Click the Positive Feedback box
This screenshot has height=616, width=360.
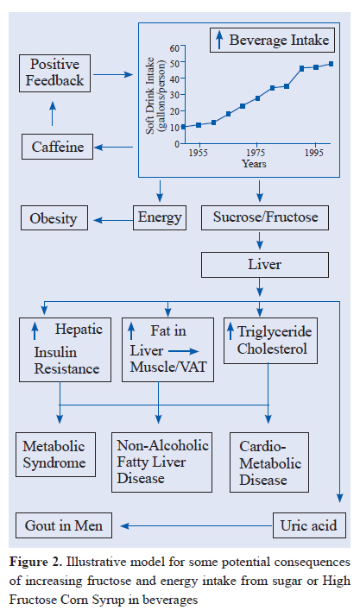[x=54, y=73]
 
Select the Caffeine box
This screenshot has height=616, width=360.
[x=57, y=147]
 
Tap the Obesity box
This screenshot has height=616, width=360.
[x=54, y=218]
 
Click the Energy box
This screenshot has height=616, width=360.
[x=160, y=217]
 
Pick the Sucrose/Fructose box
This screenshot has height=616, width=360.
[x=265, y=217]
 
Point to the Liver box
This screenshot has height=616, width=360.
[x=265, y=265]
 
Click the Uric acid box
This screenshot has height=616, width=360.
[x=309, y=525]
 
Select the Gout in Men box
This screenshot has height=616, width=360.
[x=64, y=525]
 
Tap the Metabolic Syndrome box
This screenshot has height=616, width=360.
[x=55, y=455]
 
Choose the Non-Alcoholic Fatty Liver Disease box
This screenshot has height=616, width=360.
[x=162, y=462]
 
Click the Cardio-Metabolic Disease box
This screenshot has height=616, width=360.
[x=269, y=462]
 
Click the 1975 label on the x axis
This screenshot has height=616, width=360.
[x=257, y=153]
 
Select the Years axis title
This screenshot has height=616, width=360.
[x=254, y=163]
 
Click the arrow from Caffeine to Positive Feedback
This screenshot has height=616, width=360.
[x=53, y=113]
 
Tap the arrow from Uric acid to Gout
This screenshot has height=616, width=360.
[x=196, y=525]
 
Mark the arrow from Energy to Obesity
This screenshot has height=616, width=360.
[x=113, y=220]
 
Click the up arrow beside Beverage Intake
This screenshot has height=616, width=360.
[x=219, y=41]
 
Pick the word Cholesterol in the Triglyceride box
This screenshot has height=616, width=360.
[x=272, y=349]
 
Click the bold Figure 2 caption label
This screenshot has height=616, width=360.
[x=35, y=562]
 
